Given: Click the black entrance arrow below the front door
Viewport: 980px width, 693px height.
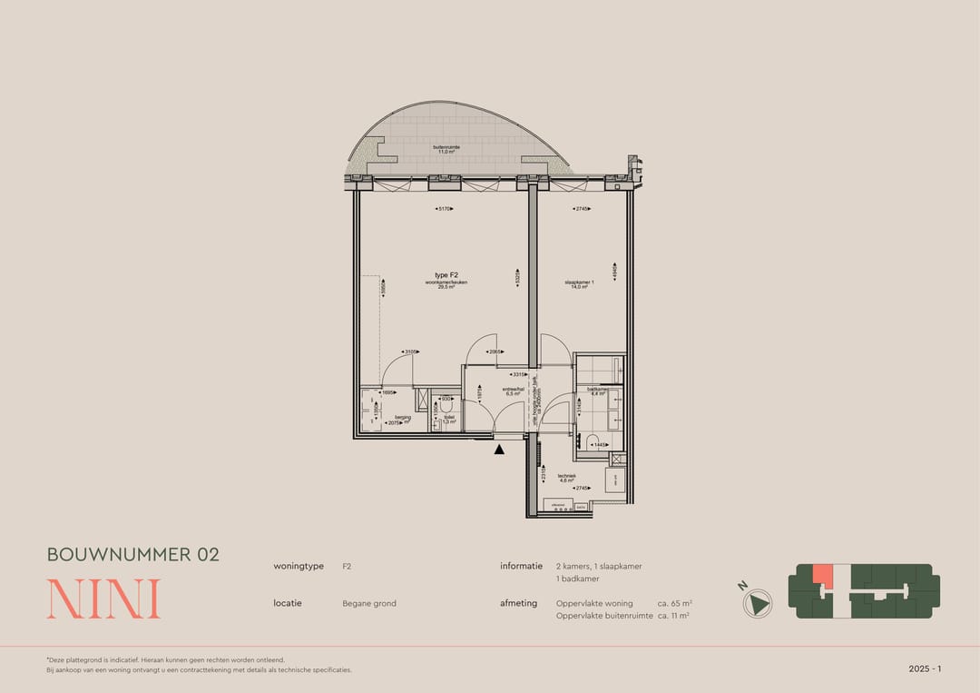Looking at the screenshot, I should pyautogui.click(x=499, y=449).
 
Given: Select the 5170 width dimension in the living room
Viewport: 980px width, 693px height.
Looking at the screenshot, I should pyautogui.click(x=445, y=209).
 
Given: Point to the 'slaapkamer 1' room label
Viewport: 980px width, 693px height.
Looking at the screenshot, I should pyautogui.click(x=579, y=282).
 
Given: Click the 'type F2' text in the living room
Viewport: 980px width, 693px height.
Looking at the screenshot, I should pyautogui.click(x=446, y=274).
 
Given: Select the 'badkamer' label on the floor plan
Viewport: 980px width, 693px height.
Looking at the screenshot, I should pyautogui.click(x=598, y=389).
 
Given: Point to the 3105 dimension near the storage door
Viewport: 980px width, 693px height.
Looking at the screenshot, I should pyautogui.click(x=411, y=352).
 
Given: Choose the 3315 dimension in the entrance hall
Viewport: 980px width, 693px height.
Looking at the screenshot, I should pyautogui.click(x=519, y=374).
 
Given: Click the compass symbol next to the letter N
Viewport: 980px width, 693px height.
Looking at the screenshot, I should pyautogui.click(x=758, y=602).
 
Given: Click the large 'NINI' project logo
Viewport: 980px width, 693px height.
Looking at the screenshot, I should pyautogui.click(x=103, y=599).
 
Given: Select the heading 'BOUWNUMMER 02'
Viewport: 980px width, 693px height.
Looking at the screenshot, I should pyautogui.click(x=133, y=554).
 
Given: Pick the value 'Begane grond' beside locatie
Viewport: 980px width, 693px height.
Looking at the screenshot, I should pyautogui.click(x=369, y=603).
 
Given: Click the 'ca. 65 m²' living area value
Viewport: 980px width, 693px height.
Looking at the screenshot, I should pyautogui.click(x=674, y=603).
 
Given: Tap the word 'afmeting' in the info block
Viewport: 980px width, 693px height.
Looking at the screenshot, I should pyautogui.click(x=519, y=603).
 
